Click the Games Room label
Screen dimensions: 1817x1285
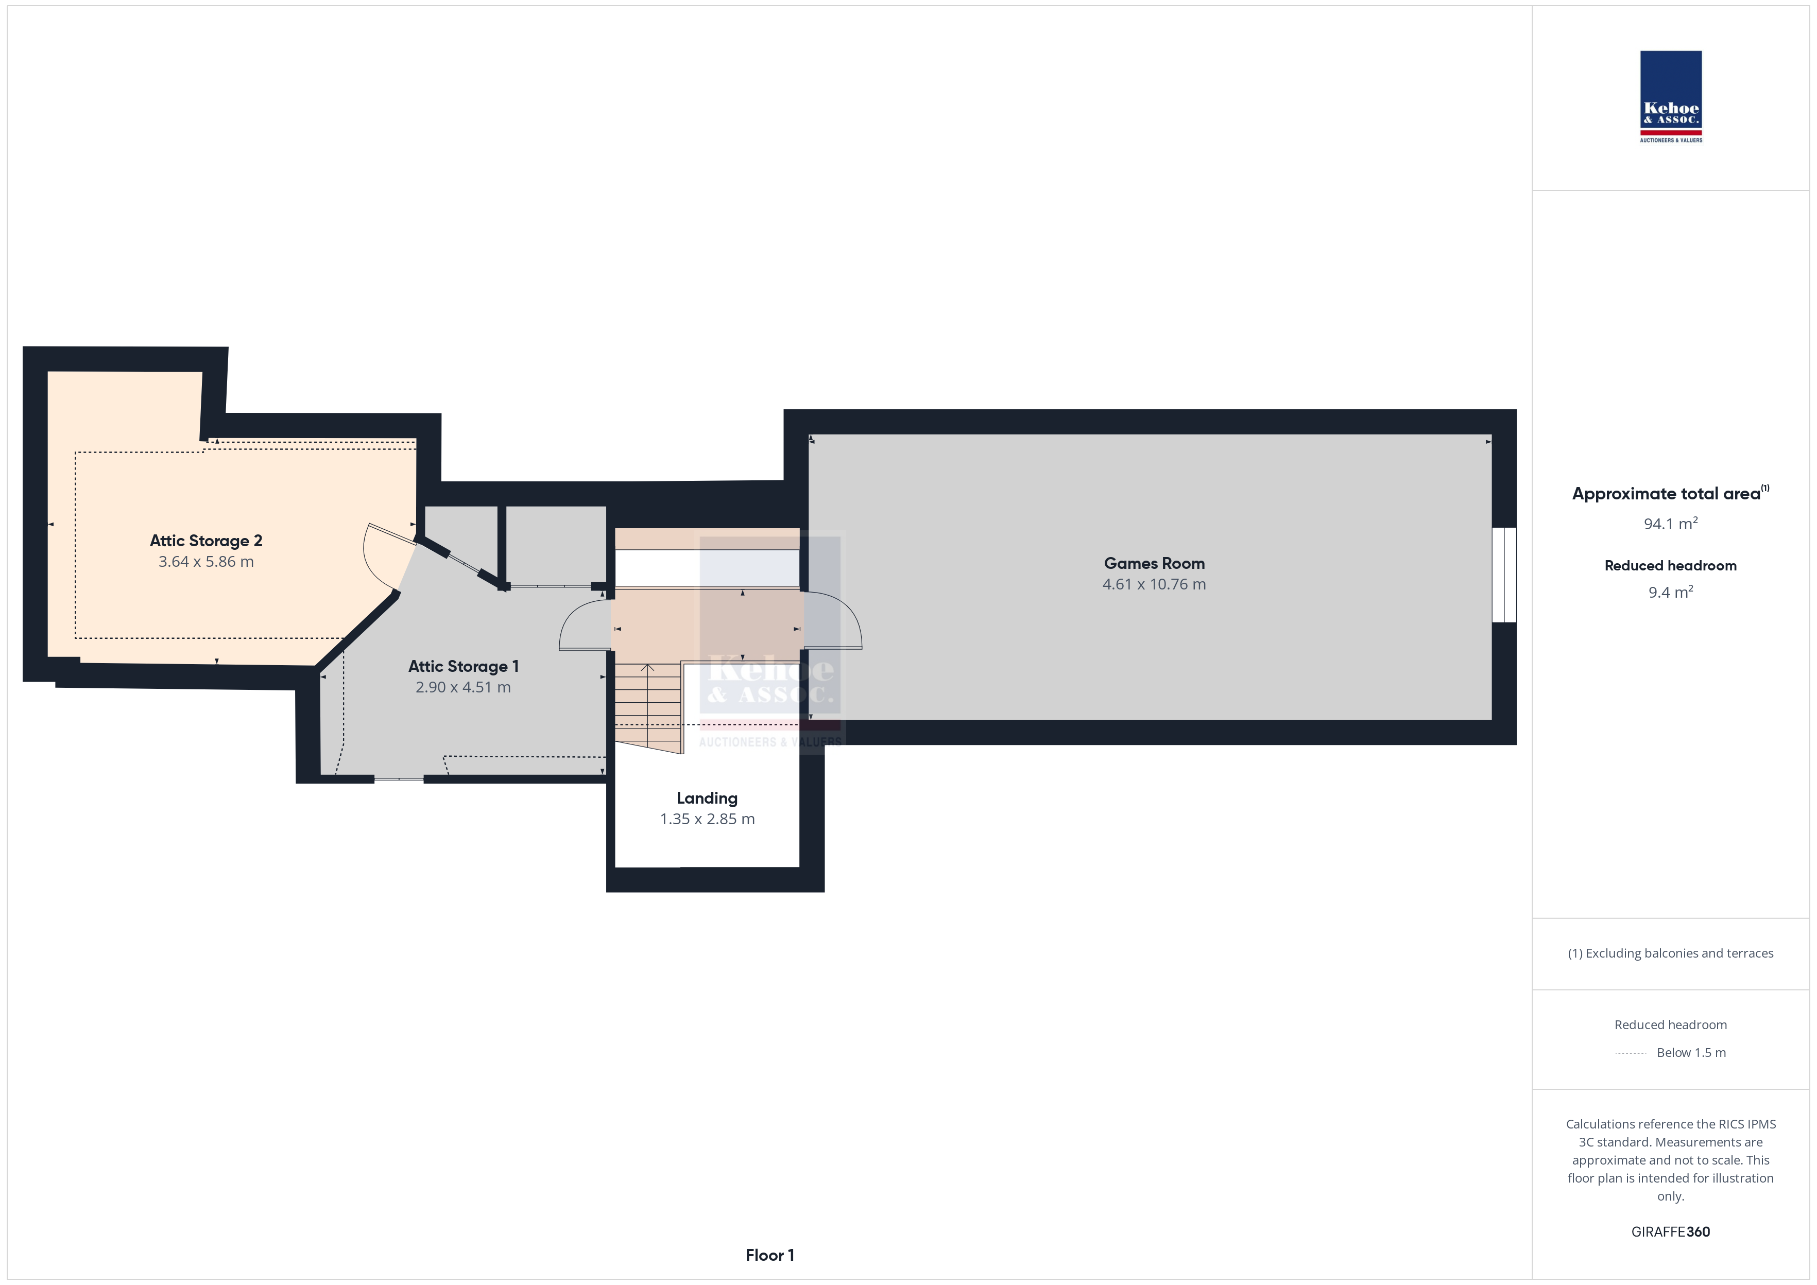pyautogui.click(x=1154, y=563)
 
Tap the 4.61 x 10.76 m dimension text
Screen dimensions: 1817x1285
pyautogui.click(x=1154, y=585)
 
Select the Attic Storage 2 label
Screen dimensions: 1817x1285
pyautogui.click(x=206, y=541)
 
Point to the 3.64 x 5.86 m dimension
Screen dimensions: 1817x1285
pyautogui.click(x=206, y=562)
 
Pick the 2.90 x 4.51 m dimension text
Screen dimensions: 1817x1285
pyautogui.click(x=463, y=688)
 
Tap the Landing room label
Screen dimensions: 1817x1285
pyautogui.click(x=707, y=799)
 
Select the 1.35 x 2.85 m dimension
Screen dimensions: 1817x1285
pyautogui.click(x=707, y=820)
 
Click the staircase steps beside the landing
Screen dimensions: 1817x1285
pyautogui.click(x=648, y=706)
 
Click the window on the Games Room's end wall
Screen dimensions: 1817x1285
pyautogui.click(x=1504, y=575)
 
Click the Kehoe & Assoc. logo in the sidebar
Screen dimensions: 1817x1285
pyautogui.click(x=1671, y=97)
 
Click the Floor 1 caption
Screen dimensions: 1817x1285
pyautogui.click(x=769, y=1256)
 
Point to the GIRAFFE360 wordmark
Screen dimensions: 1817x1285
pyautogui.click(x=1671, y=1232)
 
